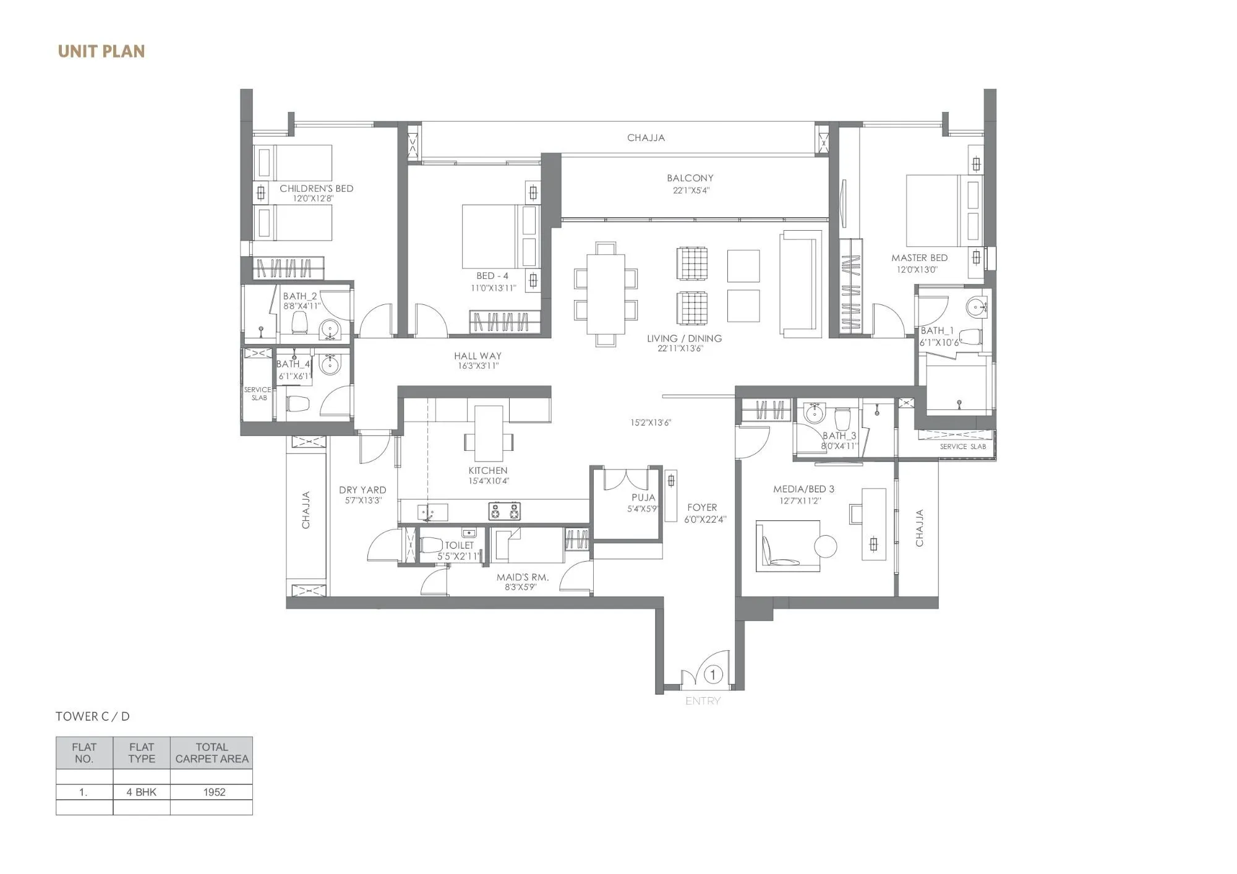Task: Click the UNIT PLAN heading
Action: [x=101, y=51]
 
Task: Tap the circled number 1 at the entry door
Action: [x=713, y=675]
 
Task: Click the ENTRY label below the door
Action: [x=703, y=701]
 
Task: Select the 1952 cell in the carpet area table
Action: [x=214, y=792]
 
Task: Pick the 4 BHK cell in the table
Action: [x=141, y=792]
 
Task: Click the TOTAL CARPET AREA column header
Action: [x=212, y=753]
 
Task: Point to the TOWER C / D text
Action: [x=93, y=716]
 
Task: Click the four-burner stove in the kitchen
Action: [x=505, y=511]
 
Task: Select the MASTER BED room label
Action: [x=919, y=257]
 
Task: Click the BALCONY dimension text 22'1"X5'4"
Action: [x=691, y=191]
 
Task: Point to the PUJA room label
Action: [x=643, y=497]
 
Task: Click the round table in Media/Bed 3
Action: [x=826, y=546]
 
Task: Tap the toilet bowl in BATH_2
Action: [x=299, y=322]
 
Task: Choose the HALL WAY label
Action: [x=477, y=356]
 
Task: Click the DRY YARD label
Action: [x=362, y=490]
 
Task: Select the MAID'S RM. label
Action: [x=523, y=577]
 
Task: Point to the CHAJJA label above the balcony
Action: [x=646, y=137]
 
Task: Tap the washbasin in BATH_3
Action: [x=813, y=413]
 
